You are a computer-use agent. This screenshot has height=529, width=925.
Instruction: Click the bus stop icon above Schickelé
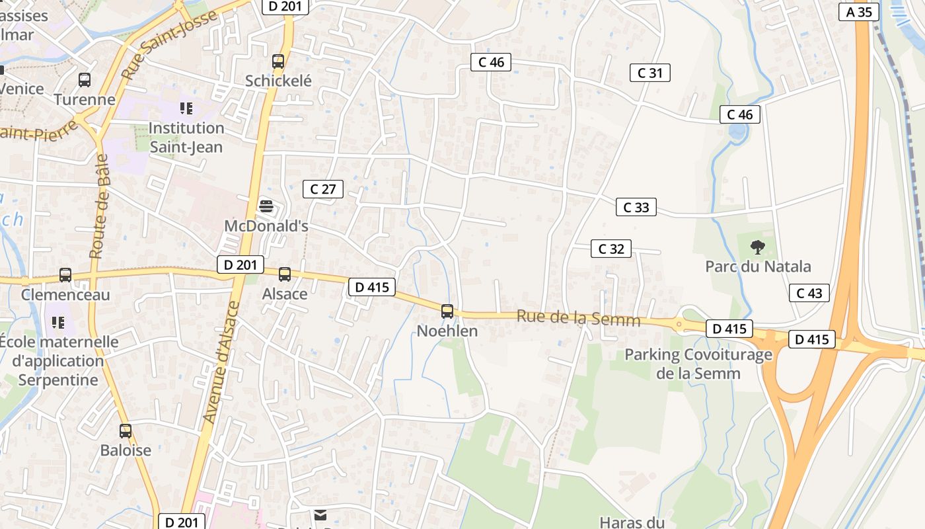(x=278, y=61)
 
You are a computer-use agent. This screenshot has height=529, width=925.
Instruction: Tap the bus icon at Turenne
(x=85, y=80)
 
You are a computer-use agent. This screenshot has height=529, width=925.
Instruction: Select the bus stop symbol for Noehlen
(x=447, y=311)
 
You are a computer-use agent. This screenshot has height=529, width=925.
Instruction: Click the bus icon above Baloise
(x=126, y=431)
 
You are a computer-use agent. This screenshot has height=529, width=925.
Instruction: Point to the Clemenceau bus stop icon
(x=65, y=275)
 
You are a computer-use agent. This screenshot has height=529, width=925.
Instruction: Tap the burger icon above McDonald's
(x=266, y=207)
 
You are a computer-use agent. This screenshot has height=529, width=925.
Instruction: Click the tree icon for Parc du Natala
(x=758, y=247)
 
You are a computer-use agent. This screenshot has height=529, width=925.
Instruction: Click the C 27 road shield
(x=323, y=189)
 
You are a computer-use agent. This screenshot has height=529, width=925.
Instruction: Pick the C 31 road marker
(x=649, y=73)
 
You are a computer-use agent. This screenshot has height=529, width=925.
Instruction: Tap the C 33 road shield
(x=636, y=207)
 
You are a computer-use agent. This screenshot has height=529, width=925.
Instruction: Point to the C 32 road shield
(x=611, y=249)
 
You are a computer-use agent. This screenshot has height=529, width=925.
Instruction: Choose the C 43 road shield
(x=809, y=293)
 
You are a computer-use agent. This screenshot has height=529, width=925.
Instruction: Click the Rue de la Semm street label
(x=578, y=318)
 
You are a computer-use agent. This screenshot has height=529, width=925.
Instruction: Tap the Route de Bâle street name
(x=99, y=206)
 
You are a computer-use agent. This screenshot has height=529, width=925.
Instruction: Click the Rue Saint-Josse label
(x=170, y=45)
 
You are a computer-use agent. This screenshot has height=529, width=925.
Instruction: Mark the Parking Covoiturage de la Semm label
(x=698, y=364)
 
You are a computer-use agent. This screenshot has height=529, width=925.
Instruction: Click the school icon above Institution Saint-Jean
(x=186, y=108)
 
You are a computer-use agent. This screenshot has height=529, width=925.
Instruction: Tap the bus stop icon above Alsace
(x=285, y=274)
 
